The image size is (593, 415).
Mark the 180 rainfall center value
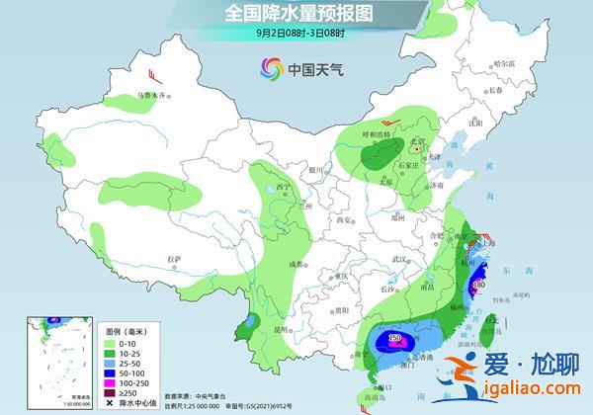click(479, 286)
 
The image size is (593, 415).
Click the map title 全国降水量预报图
click(296, 13)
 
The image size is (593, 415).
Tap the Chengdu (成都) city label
click(295, 264)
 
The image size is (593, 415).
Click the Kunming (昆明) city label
click(283, 328)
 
